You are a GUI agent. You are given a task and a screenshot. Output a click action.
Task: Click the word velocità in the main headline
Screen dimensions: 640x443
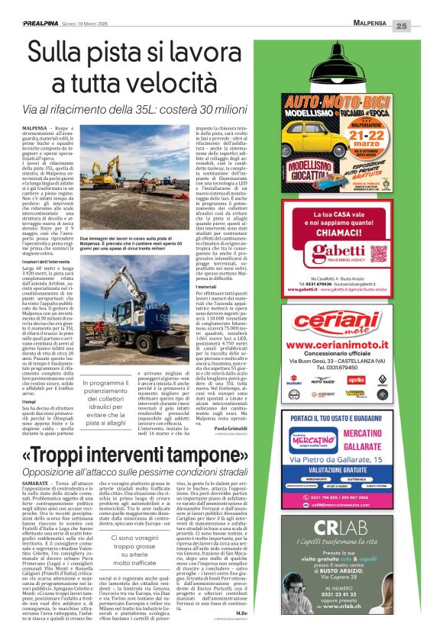click(189, 82)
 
